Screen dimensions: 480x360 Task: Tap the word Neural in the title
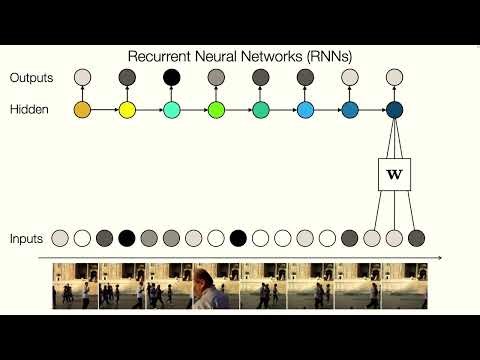click(222, 56)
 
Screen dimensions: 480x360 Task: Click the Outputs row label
click(31, 77)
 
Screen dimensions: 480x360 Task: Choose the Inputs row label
click(27, 239)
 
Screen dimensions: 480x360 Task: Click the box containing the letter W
click(394, 175)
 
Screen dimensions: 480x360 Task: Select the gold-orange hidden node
click(83, 110)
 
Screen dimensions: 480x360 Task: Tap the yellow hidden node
click(127, 110)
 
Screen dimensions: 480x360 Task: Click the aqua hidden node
click(172, 110)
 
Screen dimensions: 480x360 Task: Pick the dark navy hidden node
click(394, 110)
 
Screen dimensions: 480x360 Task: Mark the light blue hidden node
click(305, 110)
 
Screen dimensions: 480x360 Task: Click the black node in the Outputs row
click(172, 77)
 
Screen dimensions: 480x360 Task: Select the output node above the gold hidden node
click(83, 77)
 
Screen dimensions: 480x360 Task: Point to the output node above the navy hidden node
click(394, 77)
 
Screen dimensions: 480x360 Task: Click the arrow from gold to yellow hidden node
click(105, 110)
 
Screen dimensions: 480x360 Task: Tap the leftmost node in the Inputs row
click(60, 238)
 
